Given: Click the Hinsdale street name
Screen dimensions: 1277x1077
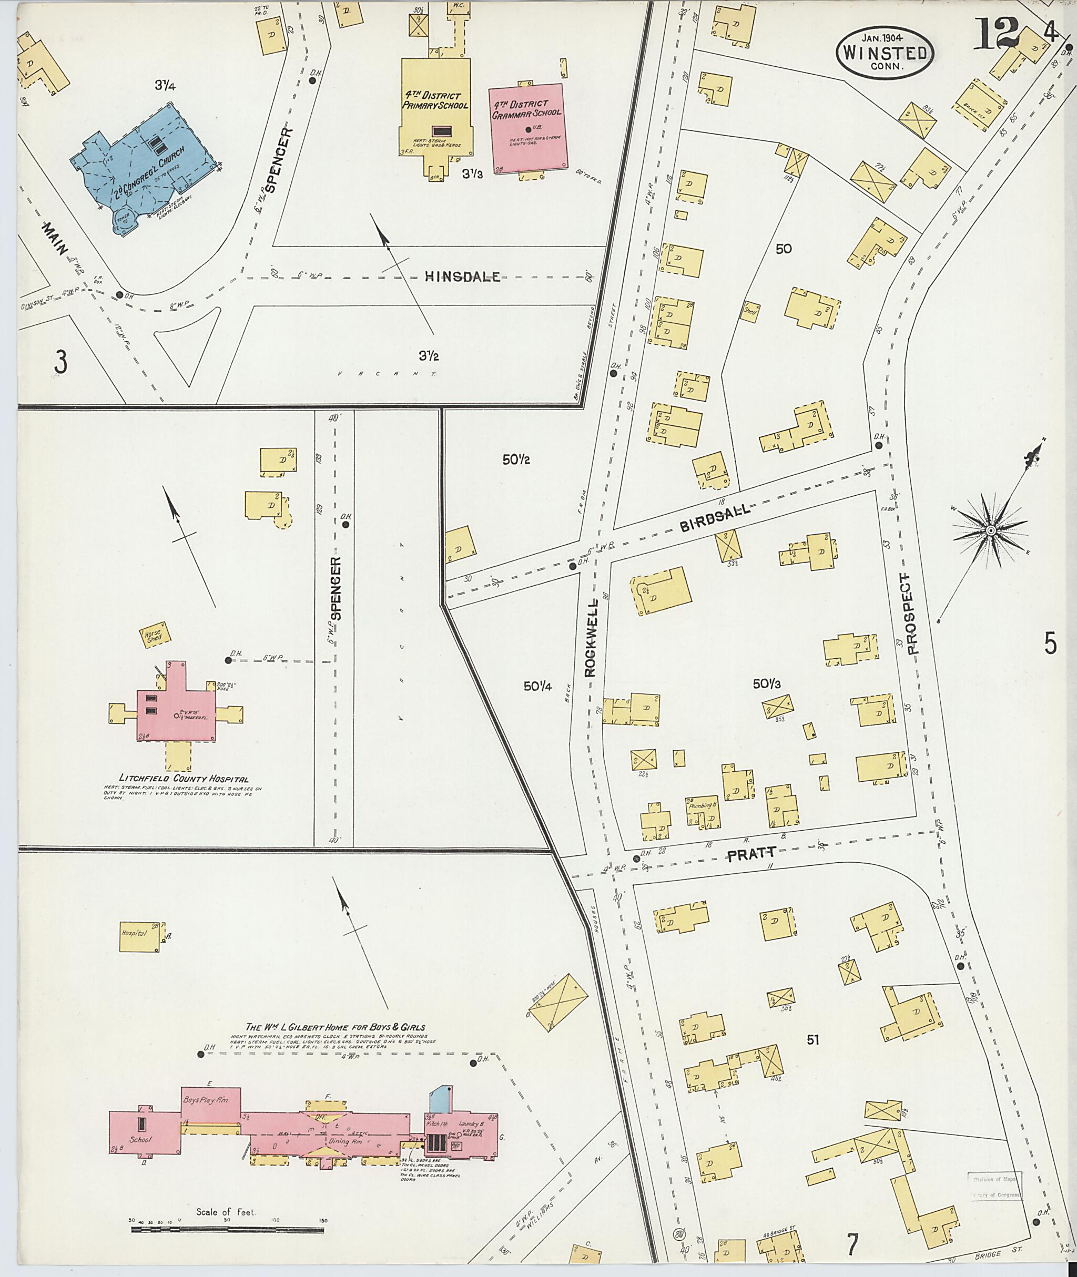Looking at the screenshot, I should point(463,277).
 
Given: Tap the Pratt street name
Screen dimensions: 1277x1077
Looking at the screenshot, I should point(751,855).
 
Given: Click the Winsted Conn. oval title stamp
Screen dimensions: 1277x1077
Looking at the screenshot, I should point(885,53).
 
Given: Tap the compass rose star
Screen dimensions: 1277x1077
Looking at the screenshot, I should point(990,532).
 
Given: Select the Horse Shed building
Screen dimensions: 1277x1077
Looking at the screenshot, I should point(156,636).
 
